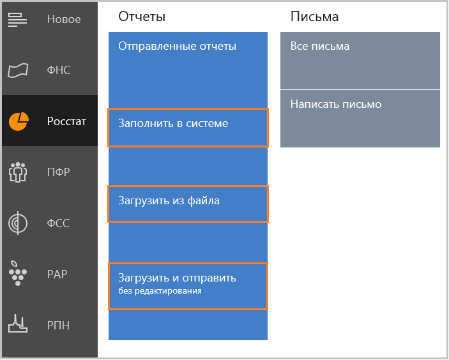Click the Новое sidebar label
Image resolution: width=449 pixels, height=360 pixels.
(64, 19)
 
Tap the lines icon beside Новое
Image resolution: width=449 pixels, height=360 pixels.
(17, 19)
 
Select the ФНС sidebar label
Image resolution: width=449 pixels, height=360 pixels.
(59, 70)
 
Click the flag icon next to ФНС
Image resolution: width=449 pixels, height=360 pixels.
(18, 70)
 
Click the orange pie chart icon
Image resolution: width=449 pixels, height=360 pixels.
(19, 121)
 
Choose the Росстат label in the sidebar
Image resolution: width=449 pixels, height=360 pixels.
(66, 121)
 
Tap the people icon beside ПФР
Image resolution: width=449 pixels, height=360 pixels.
(18, 172)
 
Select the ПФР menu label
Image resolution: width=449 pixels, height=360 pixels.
(58, 172)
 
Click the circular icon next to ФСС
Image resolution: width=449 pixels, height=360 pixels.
(18, 223)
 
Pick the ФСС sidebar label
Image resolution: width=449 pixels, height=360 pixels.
(58, 223)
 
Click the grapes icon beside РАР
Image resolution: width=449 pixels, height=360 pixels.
(17, 273)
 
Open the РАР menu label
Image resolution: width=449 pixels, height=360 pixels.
(57, 274)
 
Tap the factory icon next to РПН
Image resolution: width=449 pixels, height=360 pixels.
(18, 324)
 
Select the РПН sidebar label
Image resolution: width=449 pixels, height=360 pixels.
(58, 326)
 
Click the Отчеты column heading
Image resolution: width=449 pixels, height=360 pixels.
(142, 17)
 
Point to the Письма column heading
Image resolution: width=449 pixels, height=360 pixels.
(314, 17)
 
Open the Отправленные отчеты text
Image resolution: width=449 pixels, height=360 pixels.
(178, 46)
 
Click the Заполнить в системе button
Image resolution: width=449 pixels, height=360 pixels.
(188, 128)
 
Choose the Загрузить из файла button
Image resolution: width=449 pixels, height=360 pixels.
(188, 204)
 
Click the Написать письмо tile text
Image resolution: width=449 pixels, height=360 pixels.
(336, 104)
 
